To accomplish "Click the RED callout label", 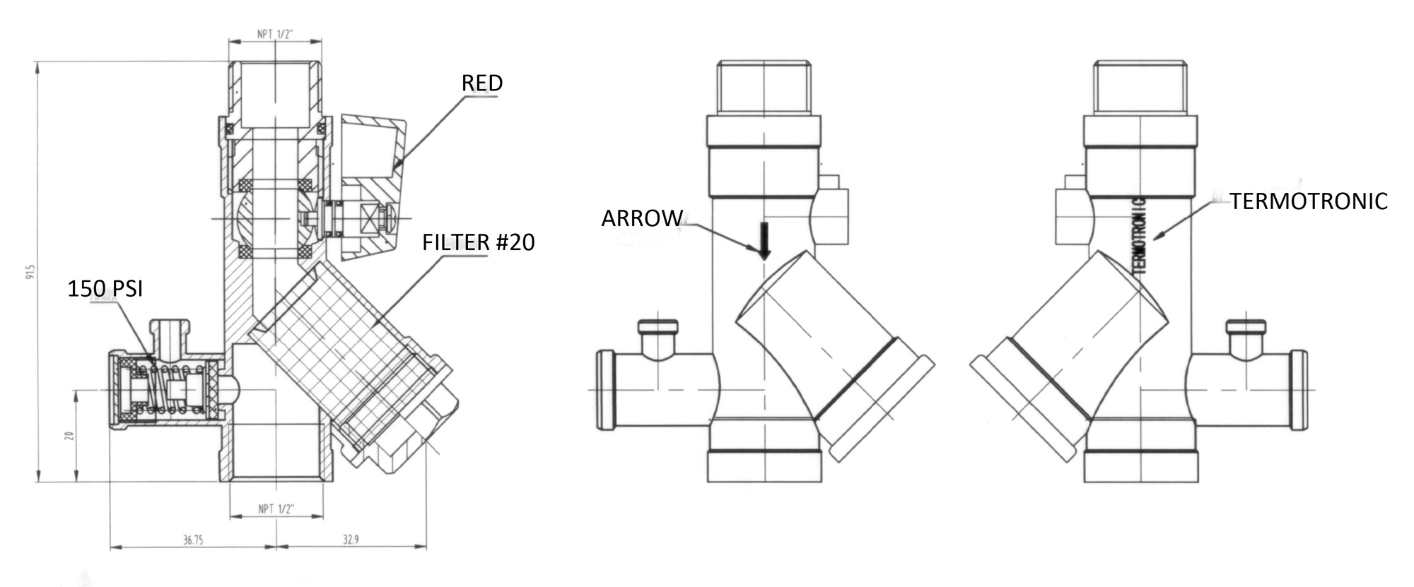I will [x=482, y=83].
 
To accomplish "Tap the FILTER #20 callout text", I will [x=478, y=242].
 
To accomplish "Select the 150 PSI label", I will [x=105, y=288].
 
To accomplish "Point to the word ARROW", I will [x=642, y=218].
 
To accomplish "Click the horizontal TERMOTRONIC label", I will [x=1308, y=201].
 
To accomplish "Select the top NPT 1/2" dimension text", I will [x=276, y=34].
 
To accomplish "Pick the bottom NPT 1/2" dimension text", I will [x=276, y=509].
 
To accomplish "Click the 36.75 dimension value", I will [x=193, y=540].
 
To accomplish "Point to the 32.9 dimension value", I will [x=351, y=540].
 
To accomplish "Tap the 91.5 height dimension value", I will [x=30, y=272].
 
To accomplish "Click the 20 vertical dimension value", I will [x=69, y=436].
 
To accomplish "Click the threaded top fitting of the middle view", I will [x=764, y=87].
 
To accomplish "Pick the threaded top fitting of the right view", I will [x=1140, y=87].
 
